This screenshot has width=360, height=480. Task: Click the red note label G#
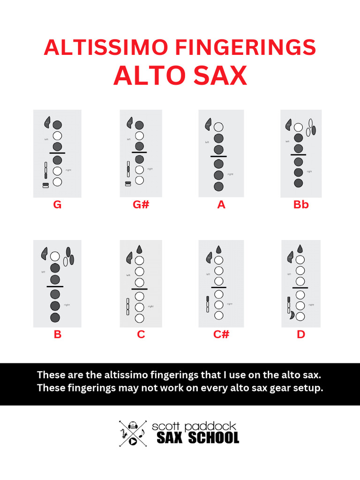[141, 204]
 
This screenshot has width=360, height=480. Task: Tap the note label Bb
[301, 204]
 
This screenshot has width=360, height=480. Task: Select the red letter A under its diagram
[221, 204]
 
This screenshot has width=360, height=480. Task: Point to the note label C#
[221, 334]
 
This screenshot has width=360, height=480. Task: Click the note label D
[301, 334]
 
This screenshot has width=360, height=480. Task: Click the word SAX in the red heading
[220, 75]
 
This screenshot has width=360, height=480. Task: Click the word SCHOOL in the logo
[214, 438]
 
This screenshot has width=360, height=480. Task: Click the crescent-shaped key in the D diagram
[292, 315]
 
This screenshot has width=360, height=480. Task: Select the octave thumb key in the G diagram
[47, 122]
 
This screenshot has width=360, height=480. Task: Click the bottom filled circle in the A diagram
[218, 186]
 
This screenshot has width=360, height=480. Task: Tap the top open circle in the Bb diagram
[299, 127]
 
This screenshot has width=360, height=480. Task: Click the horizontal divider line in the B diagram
[55, 286]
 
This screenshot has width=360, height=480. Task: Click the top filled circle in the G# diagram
[139, 125]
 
